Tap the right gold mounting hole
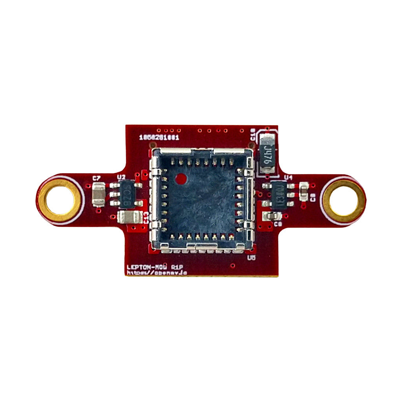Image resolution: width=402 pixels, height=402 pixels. (x=343, y=200)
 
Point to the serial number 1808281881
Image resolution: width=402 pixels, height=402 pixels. (x=159, y=138)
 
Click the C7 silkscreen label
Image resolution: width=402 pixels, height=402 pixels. (x=97, y=178)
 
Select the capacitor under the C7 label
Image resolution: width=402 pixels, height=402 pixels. (x=98, y=195)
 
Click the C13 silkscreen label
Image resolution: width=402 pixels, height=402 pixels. (x=146, y=217)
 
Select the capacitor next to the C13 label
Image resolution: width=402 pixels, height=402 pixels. (x=130, y=217)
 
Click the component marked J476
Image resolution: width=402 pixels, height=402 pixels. (x=268, y=154)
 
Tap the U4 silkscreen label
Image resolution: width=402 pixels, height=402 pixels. (x=289, y=177)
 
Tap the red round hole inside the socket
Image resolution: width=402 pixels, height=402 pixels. (x=181, y=179)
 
